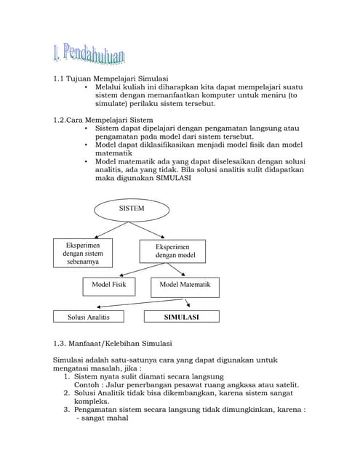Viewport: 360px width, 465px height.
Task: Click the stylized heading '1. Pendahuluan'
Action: point(89,54)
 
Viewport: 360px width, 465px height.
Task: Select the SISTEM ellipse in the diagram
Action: point(132,209)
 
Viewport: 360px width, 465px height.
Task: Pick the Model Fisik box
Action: point(108,286)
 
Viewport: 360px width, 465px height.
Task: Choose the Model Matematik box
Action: point(185,286)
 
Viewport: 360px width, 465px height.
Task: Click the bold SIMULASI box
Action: point(181,317)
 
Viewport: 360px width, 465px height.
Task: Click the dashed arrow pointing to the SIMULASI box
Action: point(187,304)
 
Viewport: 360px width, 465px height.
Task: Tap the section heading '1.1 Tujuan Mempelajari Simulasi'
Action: point(111,78)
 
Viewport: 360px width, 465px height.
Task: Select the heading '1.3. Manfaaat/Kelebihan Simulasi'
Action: point(113,343)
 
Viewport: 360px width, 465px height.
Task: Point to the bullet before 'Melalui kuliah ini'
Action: point(87,86)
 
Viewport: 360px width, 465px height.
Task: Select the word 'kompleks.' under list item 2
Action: point(92,400)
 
